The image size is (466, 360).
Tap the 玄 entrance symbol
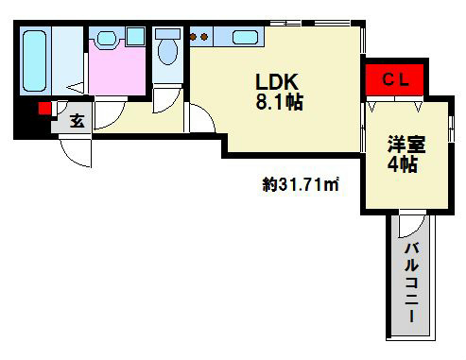click(77, 121)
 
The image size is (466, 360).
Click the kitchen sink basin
click(244, 39)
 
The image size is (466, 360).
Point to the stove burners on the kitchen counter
click(199, 38)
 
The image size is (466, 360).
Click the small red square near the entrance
click(43, 109)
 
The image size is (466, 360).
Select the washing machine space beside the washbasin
click(135, 37)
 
